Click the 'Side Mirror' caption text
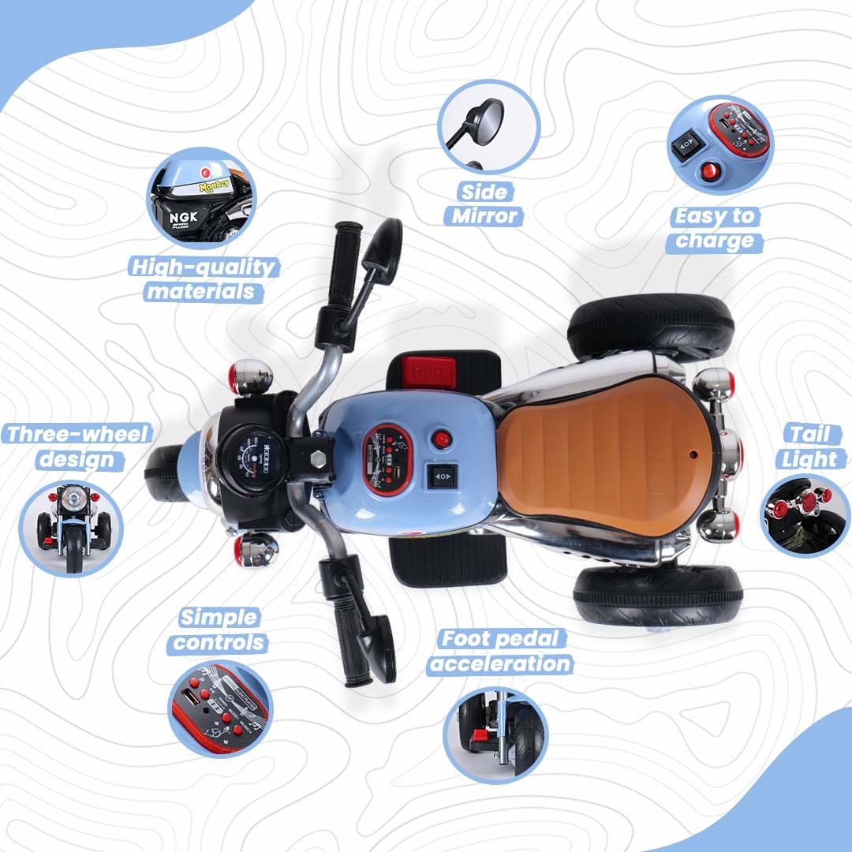[484, 204]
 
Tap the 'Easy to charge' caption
[715, 229]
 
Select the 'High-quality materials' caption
[204, 279]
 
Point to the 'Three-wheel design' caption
[77, 447]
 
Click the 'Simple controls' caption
[219, 630]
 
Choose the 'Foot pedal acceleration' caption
[500, 652]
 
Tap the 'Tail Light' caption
[811, 447]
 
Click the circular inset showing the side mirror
[488, 126]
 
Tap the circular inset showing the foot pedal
[495, 735]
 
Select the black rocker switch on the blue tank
[442, 476]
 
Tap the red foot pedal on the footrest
[428, 372]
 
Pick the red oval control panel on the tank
[387, 460]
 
